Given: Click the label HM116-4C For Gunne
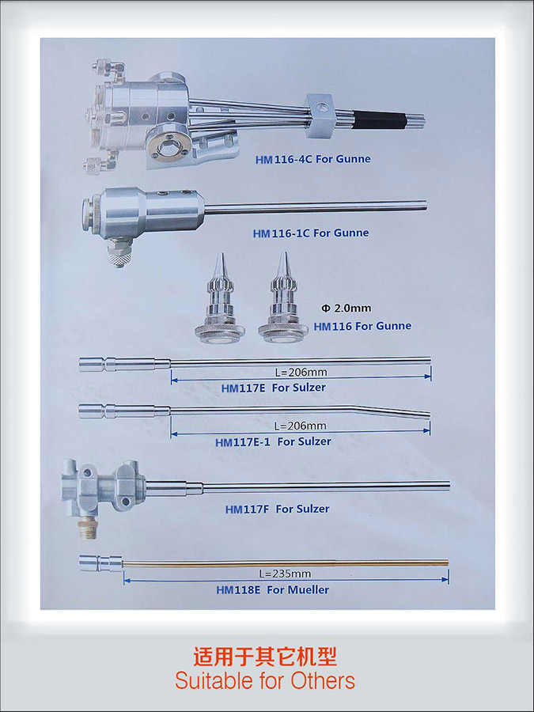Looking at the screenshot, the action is [312, 159].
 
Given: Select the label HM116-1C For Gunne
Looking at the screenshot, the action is [311, 233].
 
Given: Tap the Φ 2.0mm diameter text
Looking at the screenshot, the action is [346, 309].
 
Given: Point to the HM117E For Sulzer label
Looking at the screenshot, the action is [274, 388].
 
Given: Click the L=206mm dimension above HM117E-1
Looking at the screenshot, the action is [300, 426].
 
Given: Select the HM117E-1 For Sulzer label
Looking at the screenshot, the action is [273, 441].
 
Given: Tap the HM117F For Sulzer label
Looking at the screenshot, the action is [277, 509].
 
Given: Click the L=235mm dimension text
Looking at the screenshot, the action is [285, 574].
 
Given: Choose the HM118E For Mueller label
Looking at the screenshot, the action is [272, 590].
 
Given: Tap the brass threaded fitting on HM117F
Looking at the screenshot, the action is [88, 528].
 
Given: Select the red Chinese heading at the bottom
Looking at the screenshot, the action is [265, 656].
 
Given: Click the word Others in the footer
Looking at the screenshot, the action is [323, 681].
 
